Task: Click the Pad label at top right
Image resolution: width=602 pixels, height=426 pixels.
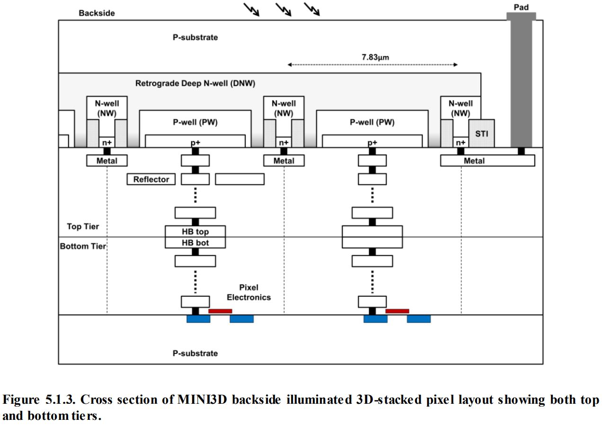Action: coord(521,7)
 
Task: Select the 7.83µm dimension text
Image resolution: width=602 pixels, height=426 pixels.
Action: coord(372,58)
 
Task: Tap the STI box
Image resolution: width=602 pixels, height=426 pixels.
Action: coord(481,133)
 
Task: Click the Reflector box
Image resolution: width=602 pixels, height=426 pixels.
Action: coord(151,179)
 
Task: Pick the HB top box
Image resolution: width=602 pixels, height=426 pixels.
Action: coord(195,232)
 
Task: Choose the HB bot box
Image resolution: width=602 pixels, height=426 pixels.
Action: coord(195,243)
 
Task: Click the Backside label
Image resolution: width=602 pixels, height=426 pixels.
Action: coord(97,13)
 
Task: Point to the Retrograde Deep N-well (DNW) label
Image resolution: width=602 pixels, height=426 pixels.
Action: coord(195,84)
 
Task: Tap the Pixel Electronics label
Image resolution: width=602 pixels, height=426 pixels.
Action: coord(248,293)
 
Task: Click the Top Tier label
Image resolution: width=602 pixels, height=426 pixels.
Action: coord(83,227)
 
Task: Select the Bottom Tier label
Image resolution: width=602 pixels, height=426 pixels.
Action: coord(83,247)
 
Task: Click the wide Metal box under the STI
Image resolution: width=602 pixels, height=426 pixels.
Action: coord(487,161)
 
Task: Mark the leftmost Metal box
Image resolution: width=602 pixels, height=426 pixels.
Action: coord(107,161)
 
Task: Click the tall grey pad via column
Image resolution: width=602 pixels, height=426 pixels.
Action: coord(521,83)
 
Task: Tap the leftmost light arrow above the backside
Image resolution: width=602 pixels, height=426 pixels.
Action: coord(251,10)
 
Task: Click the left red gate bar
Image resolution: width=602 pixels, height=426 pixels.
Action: coord(220,311)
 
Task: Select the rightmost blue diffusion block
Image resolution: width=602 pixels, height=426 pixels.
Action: coord(418,319)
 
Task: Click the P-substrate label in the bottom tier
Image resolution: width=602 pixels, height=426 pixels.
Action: coord(195,353)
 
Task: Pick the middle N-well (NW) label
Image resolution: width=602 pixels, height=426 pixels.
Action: coord(283,108)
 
